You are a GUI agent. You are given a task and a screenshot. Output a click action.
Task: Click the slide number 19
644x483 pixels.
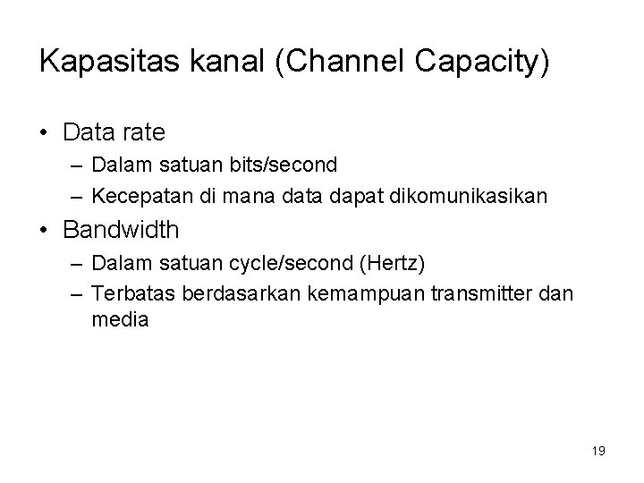point(598,451)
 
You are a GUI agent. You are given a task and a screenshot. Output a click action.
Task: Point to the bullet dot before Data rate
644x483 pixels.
point(46,133)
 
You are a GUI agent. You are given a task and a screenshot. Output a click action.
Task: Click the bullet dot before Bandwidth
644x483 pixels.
point(46,231)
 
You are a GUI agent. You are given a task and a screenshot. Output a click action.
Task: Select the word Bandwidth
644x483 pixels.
point(121,230)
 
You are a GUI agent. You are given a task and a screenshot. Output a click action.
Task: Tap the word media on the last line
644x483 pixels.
point(121,319)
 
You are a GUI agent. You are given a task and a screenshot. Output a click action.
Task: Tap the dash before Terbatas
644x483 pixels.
point(74,292)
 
